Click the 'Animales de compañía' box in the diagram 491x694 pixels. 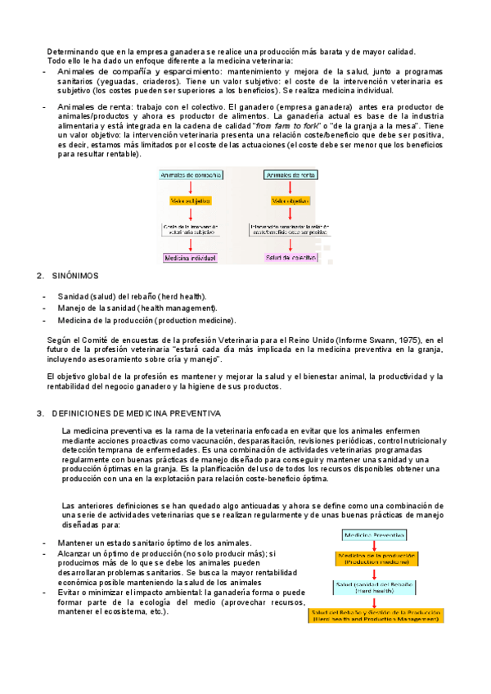190,175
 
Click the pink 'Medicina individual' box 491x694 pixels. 190,258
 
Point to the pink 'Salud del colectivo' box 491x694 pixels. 292,258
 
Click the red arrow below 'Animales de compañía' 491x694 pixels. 190,187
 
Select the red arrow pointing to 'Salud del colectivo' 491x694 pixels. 292,245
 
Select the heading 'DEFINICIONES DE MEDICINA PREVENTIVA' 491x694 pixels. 136,414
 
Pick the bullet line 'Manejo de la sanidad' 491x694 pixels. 137,308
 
